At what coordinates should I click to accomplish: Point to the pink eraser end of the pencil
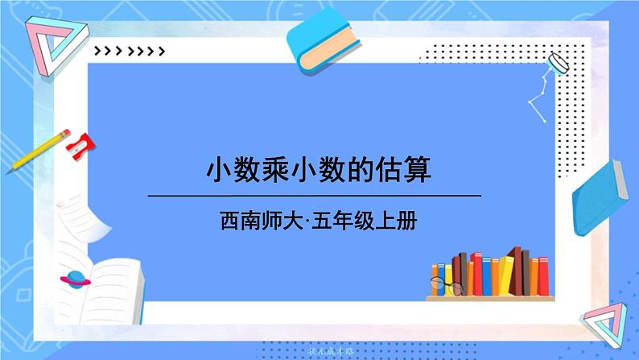(62, 133)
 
